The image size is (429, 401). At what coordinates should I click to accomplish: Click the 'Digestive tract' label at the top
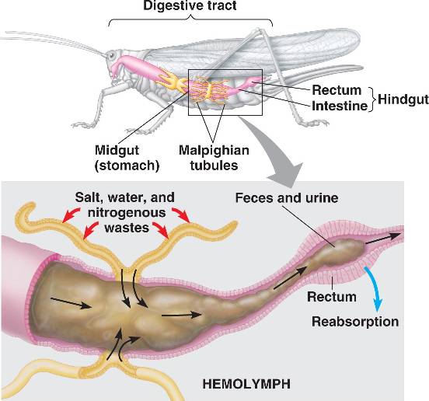click(190, 5)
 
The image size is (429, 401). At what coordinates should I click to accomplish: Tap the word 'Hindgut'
click(403, 99)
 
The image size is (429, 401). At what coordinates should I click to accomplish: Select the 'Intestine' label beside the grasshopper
click(340, 106)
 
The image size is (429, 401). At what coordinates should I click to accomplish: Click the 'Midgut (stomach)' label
click(127, 158)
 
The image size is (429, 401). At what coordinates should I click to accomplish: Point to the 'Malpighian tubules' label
click(214, 158)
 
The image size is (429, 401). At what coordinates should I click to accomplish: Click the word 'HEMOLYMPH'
click(246, 384)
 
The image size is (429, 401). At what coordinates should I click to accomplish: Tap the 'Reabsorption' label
click(355, 322)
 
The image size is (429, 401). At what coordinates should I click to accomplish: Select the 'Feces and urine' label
click(287, 197)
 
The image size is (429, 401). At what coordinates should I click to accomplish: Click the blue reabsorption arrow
click(374, 288)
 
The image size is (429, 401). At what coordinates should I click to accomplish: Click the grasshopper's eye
click(112, 55)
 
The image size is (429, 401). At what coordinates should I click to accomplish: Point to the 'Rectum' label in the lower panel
click(332, 297)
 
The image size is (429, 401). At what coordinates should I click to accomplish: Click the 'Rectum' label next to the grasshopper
click(337, 90)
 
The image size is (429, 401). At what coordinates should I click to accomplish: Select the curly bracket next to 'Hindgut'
click(371, 99)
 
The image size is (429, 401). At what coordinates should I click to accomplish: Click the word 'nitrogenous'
click(127, 213)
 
